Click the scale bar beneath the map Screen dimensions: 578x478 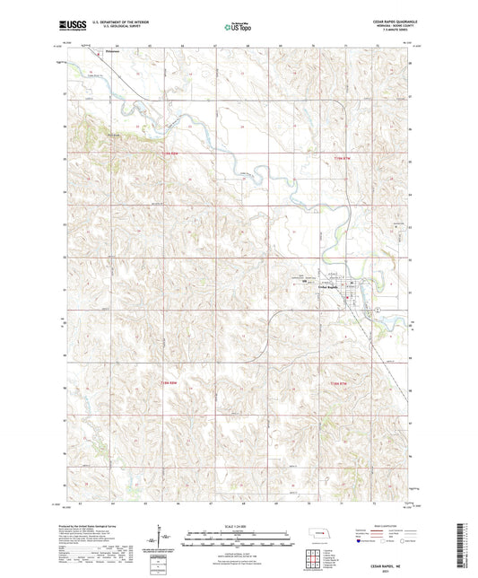coord(239,542)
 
